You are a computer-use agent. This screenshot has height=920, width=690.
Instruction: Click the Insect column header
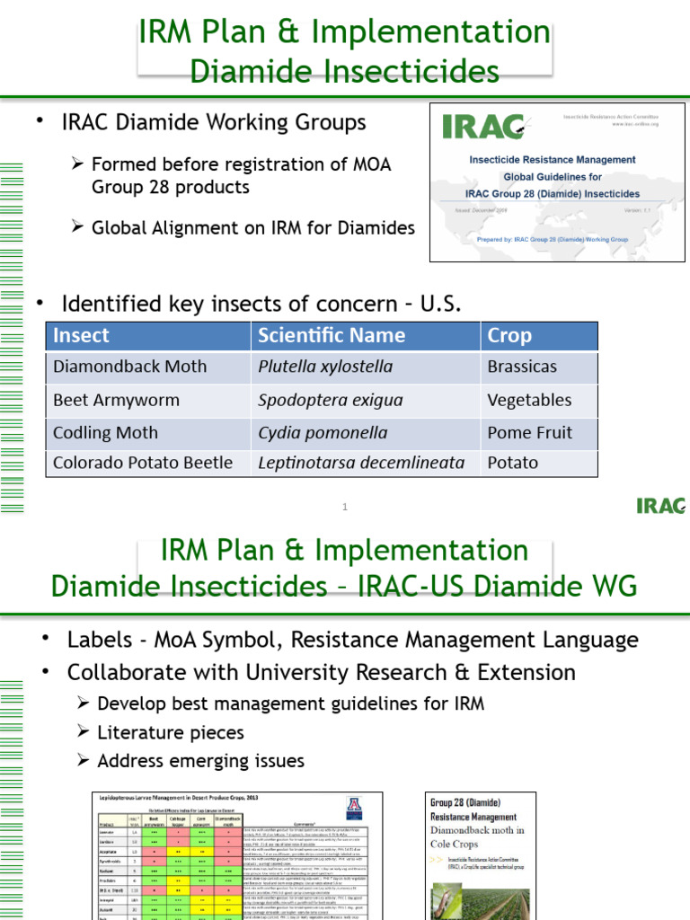[81, 336]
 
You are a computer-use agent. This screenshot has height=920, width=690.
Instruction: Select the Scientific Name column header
[331, 336]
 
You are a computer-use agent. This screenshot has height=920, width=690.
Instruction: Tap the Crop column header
[509, 336]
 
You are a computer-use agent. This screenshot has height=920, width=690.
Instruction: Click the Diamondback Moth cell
[129, 367]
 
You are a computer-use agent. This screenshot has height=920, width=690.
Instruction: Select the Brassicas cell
[522, 367]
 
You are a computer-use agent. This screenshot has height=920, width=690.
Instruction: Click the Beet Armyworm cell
[116, 400]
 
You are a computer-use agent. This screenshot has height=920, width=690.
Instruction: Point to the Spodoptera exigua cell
[331, 400]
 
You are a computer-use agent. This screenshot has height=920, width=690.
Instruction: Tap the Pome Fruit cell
[529, 432]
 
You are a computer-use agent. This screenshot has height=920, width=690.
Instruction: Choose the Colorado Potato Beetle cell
[143, 463]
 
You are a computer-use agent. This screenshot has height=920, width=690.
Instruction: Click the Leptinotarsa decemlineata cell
[361, 463]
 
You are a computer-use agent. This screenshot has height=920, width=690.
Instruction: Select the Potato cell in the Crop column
[512, 463]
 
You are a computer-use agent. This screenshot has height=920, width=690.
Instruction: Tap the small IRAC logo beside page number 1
[660, 506]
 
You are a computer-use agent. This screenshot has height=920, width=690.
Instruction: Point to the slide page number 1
[344, 508]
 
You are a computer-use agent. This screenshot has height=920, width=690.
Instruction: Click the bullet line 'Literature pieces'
[170, 732]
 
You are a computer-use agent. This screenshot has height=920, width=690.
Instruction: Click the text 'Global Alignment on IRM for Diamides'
[252, 228]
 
